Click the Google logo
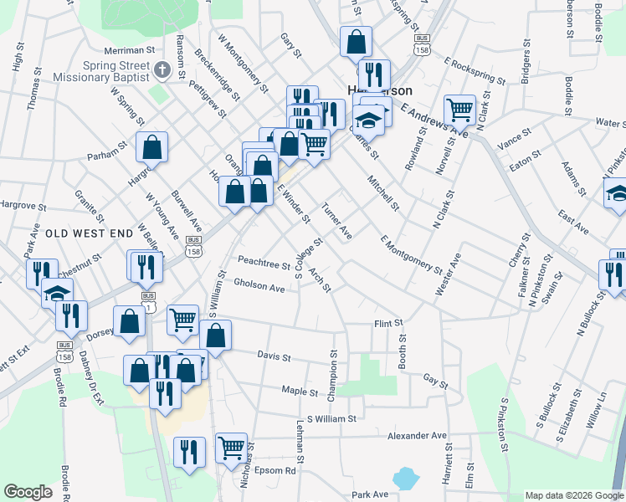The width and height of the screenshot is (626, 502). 28,492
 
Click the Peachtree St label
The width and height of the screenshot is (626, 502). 263,263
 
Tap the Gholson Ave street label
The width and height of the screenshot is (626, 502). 259,286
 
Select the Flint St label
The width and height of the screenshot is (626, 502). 388,322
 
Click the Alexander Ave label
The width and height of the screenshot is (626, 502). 417,436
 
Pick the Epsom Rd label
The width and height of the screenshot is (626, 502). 278,470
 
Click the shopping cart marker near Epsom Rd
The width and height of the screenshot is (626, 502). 232,448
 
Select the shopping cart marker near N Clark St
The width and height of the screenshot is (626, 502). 459,109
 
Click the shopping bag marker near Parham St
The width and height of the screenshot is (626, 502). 153,147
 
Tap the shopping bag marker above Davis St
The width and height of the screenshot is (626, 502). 215,335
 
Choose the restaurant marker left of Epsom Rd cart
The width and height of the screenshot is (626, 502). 190,452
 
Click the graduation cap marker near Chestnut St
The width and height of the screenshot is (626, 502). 57,293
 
